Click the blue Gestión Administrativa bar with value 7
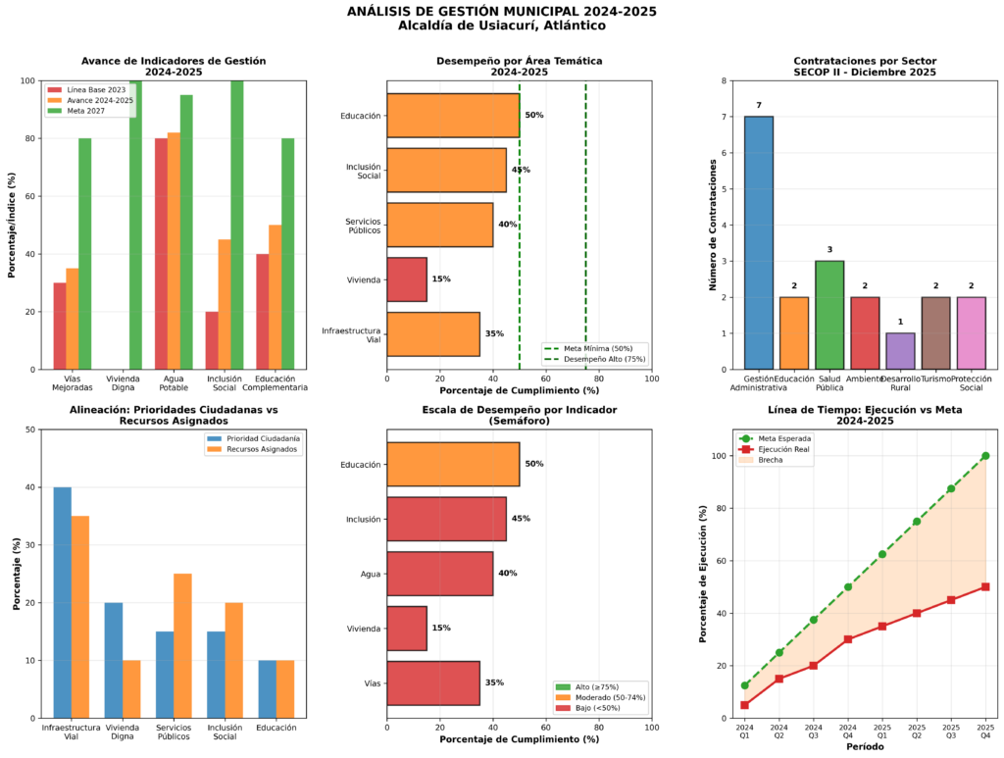pos(758,242)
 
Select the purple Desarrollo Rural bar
pos(900,351)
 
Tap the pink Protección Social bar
pos(971,332)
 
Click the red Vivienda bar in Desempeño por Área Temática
pos(407,278)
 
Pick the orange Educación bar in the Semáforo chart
pos(453,464)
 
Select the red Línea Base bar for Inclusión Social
pos(212,340)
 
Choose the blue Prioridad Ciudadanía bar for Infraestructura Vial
pos(63,602)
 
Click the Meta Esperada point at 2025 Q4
pos(984,456)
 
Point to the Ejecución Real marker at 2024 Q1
pos(745,705)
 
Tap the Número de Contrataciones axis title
pos(713,225)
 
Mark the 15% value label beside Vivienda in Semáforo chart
pos(441,628)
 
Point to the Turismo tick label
pos(935,378)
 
